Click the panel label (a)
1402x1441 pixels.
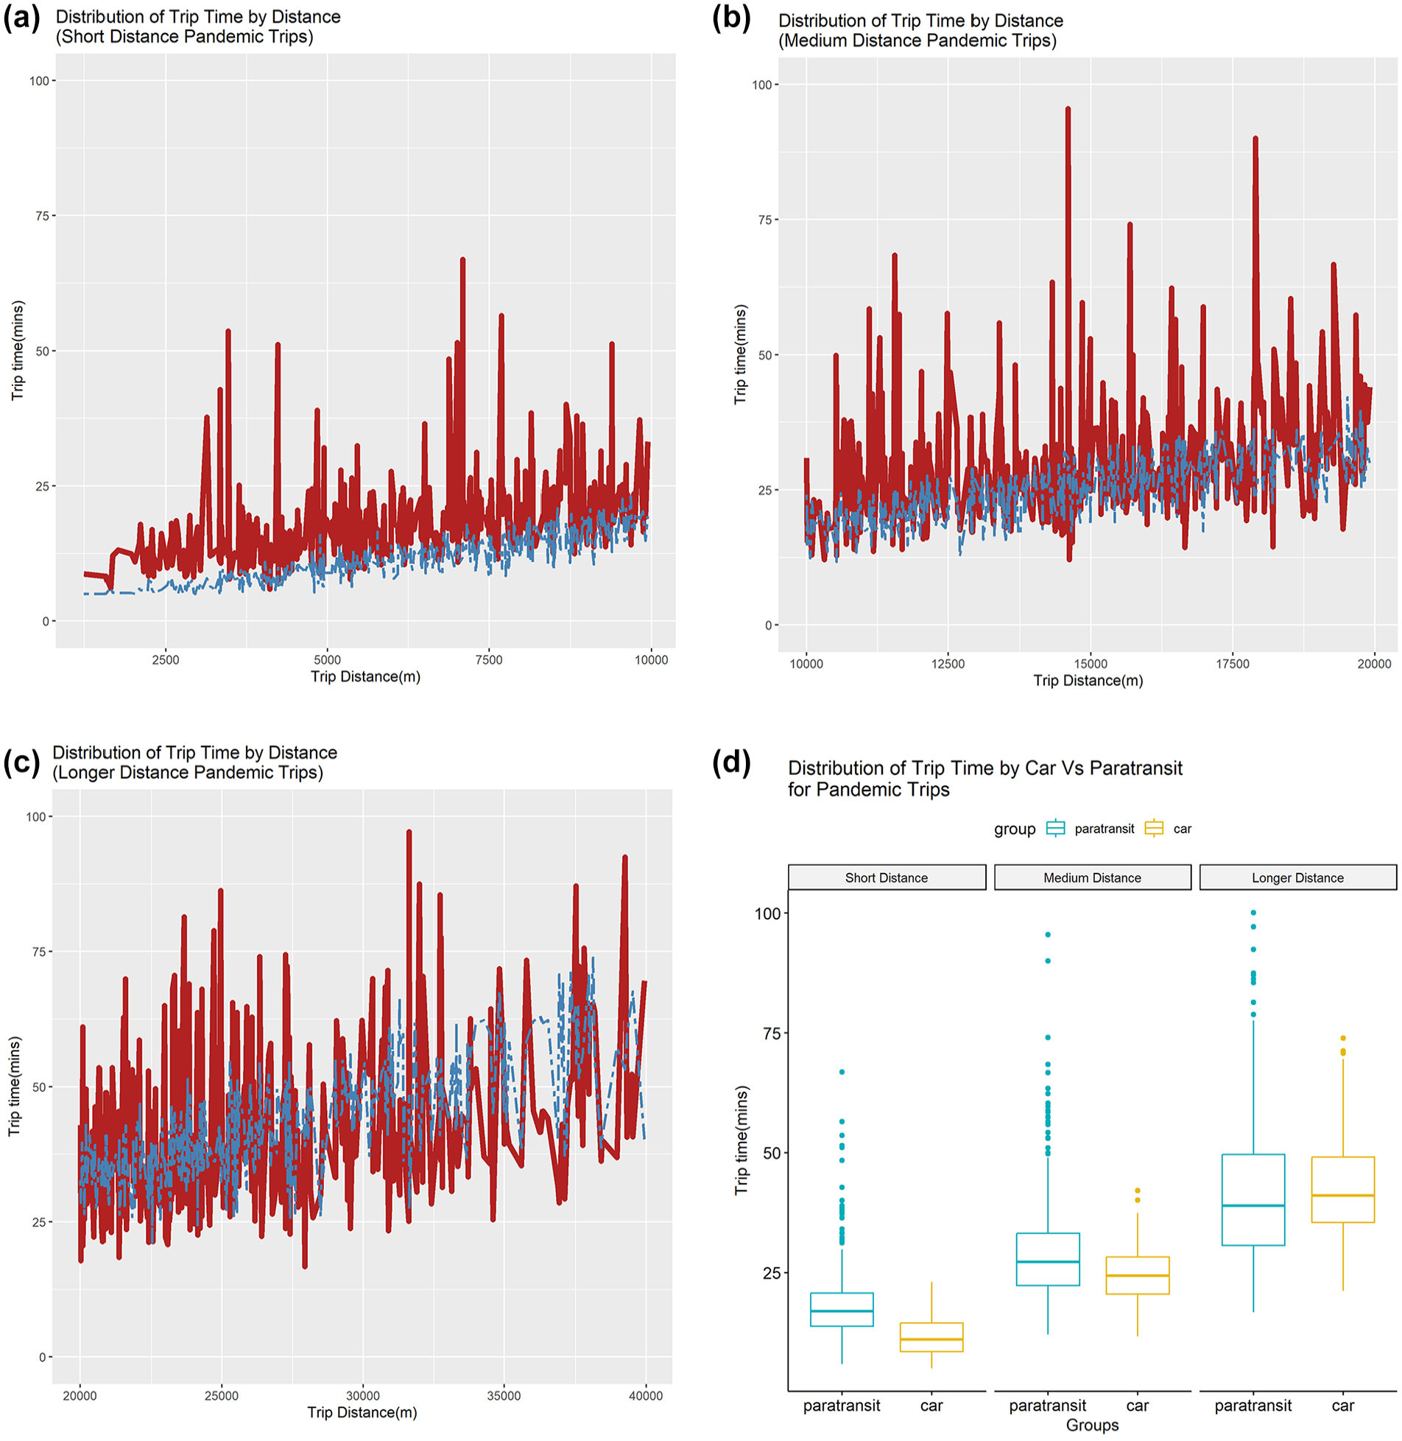(x=21, y=17)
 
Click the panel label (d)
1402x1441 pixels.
(x=731, y=762)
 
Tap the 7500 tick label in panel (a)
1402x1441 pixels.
(x=489, y=660)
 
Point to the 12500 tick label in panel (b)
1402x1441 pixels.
(x=948, y=664)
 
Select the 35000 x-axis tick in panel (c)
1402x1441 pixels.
(x=504, y=1396)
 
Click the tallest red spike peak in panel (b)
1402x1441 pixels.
(x=1068, y=109)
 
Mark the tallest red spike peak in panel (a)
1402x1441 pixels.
(x=462, y=260)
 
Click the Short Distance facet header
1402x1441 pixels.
(x=887, y=877)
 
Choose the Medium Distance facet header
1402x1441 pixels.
(x=1092, y=877)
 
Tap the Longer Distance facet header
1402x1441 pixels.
(x=1297, y=877)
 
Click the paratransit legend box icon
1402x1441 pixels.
(x=1055, y=828)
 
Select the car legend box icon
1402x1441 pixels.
(x=1154, y=828)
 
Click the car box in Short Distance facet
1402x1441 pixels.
(x=931, y=1337)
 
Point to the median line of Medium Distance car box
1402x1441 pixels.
(x=1138, y=1275)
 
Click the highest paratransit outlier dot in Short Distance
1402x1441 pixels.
(x=842, y=1072)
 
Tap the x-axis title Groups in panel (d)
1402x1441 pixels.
(x=1092, y=1425)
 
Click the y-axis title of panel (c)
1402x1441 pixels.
(x=15, y=1086)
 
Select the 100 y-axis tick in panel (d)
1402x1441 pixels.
(x=767, y=914)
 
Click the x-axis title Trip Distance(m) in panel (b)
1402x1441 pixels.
(x=1088, y=680)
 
